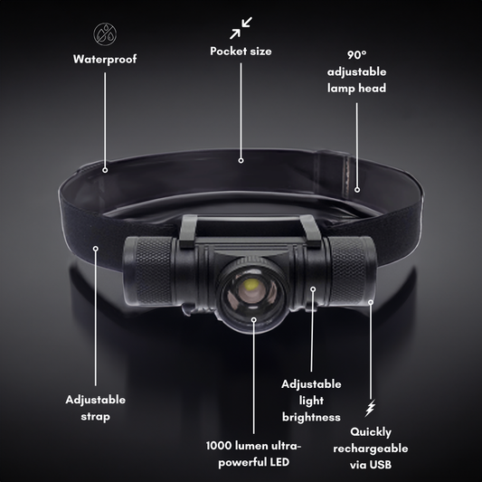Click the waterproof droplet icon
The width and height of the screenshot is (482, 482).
[105, 33]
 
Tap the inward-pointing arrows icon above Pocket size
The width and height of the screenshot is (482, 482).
[241, 28]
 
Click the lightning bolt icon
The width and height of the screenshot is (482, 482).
[371, 408]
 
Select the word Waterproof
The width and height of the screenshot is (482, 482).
[105, 60]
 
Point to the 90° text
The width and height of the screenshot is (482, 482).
[356, 55]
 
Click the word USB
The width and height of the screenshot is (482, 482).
[381, 465]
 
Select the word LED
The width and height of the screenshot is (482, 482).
[279, 462]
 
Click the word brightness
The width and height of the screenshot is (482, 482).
[311, 417]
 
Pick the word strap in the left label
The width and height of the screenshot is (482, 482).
[95, 417]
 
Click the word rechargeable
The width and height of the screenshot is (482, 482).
[371, 449]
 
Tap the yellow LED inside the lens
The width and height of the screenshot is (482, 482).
[250, 286]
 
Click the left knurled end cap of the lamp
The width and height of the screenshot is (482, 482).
[150, 271]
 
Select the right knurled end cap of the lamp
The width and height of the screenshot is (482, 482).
[353, 270]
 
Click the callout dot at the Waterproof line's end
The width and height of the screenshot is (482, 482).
[105, 170]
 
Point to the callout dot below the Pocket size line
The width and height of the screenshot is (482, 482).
[241, 160]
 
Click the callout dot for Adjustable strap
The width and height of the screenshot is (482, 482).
[96, 249]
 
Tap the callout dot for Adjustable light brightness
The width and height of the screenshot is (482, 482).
[313, 289]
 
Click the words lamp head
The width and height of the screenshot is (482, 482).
[356, 89]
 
